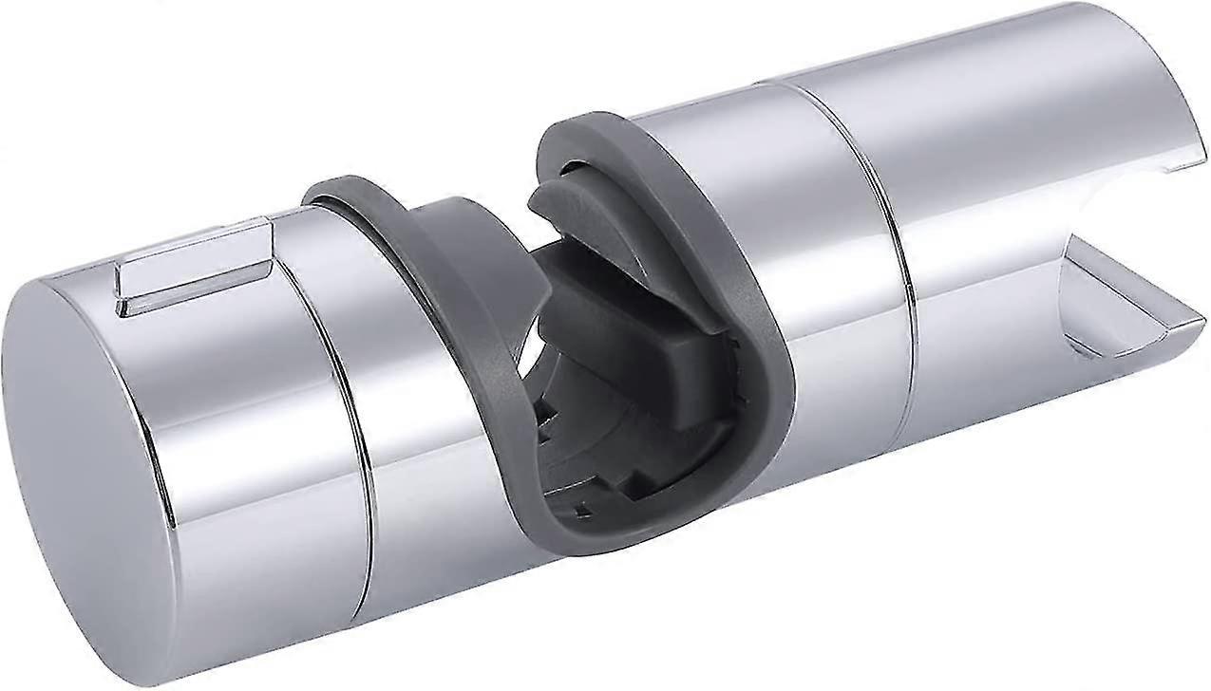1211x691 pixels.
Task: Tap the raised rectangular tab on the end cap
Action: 195,264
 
